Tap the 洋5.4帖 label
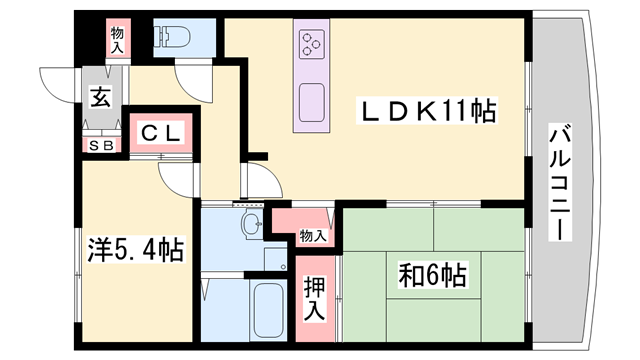click(133, 250)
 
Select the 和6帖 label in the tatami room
click(434, 271)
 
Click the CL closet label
click(159, 132)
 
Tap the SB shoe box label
click(102, 145)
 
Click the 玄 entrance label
click(101, 98)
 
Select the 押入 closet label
click(314, 298)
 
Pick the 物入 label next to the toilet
click(117, 40)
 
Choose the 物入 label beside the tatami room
click(313, 236)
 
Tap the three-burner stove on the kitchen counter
click(310, 45)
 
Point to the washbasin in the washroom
click(250, 224)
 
